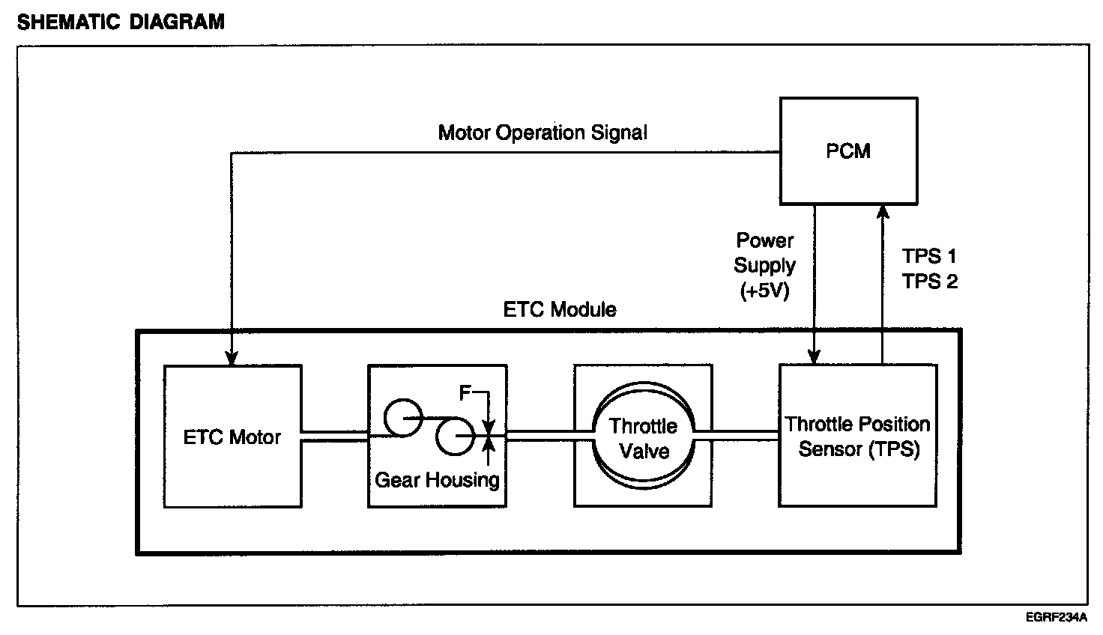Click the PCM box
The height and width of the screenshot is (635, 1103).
coord(848,151)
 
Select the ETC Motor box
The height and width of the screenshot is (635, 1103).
coord(232,437)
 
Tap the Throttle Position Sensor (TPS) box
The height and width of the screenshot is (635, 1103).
coord(858,437)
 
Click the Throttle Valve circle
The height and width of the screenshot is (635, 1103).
coord(643,438)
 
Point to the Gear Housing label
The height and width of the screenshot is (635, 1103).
coord(437,480)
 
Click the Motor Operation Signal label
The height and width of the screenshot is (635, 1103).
coord(543,133)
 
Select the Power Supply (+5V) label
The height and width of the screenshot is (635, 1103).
coord(765,265)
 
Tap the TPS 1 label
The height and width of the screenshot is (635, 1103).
coord(929,256)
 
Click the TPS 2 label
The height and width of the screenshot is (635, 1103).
coord(929,281)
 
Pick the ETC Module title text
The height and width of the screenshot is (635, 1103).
coord(560,309)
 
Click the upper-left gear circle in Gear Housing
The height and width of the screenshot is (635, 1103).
coord(402,416)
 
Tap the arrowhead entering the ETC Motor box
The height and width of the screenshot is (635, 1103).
coord(232,358)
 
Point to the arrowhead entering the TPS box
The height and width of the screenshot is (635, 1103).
coord(815,358)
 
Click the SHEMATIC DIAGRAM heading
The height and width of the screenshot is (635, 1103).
coord(121,22)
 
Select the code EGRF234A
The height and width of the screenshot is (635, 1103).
coord(1057,618)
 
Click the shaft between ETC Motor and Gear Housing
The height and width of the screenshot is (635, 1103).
coord(334,437)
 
